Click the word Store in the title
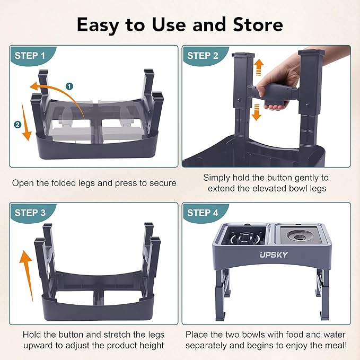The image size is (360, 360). click(x=253, y=24)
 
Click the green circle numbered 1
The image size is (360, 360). click(x=69, y=86)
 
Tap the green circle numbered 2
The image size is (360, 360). click(x=18, y=125)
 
